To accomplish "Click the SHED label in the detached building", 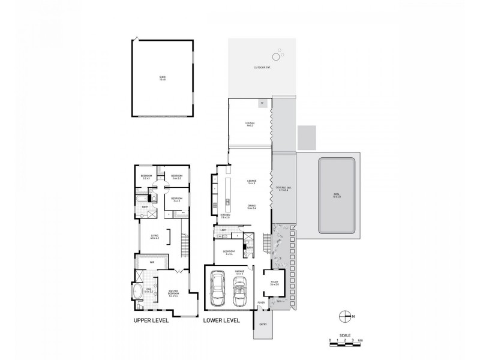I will [162, 78].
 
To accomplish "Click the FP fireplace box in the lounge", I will [263, 104].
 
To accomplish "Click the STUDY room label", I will [274, 284].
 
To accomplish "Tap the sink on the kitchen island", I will [227, 200].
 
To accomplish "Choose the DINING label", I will [251, 206].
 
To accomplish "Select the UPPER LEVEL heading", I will [151, 320].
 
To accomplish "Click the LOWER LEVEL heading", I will [221, 320].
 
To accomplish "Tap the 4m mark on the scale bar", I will [359, 341].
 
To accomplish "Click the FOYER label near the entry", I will [261, 302].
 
